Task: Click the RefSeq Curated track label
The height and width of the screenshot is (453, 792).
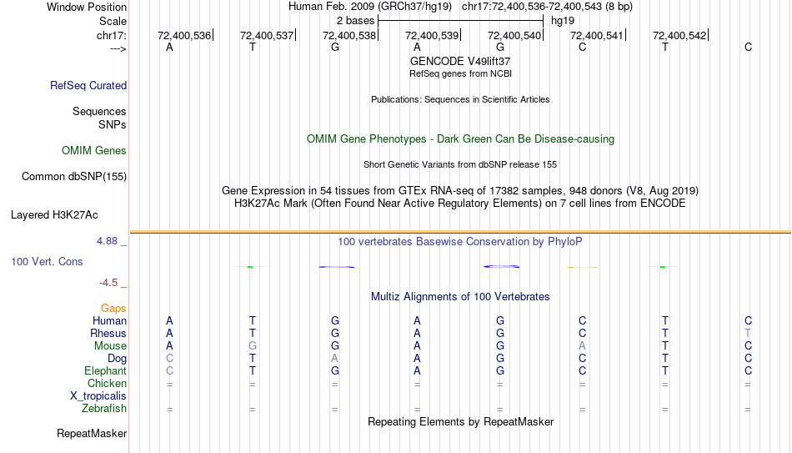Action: click(x=88, y=85)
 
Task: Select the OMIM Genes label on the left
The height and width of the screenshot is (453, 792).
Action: click(x=94, y=151)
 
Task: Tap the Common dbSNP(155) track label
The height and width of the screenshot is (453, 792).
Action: click(x=74, y=177)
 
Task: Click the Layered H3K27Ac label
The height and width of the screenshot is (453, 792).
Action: click(x=54, y=215)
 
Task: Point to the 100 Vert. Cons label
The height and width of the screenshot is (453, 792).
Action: click(x=47, y=261)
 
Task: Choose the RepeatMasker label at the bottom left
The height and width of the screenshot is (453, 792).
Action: click(x=92, y=433)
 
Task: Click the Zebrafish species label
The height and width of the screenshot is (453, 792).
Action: click(x=104, y=408)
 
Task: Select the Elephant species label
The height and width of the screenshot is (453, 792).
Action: click(x=106, y=370)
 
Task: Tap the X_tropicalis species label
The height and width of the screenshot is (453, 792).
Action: click(x=98, y=396)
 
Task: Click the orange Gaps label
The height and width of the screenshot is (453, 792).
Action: click(x=113, y=308)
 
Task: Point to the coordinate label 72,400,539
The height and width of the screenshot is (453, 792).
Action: click(x=432, y=35)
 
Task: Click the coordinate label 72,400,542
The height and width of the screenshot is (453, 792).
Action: click(x=679, y=35)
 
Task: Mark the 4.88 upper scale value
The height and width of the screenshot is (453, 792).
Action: click(x=107, y=241)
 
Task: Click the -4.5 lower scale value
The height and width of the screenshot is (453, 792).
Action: click(x=108, y=283)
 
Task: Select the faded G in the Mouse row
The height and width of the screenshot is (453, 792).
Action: click(x=253, y=346)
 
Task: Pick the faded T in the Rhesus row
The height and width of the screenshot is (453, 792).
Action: click(x=748, y=333)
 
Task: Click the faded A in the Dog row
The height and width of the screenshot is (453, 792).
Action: click(x=335, y=359)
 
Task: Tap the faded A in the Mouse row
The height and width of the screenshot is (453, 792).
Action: click(x=583, y=346)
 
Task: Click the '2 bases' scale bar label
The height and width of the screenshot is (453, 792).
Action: click(x=356, y=21)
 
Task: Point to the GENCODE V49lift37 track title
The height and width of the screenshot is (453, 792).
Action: click(x=460, y=61)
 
